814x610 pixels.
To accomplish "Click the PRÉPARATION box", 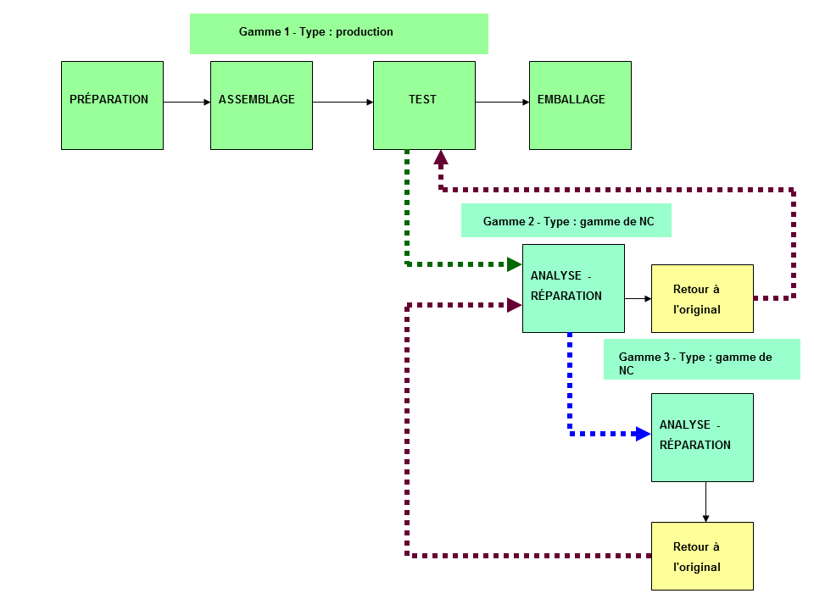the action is [x=112, y=105].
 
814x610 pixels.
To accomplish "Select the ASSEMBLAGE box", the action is [x=262, y=105].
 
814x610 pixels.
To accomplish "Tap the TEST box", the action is [x=424, y=105].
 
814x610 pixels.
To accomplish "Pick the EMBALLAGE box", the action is [x=580, y=105].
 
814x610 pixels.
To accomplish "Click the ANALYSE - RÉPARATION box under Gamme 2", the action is [x=574, y=288].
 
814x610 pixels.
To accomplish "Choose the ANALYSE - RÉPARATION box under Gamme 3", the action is [x=702, y=438].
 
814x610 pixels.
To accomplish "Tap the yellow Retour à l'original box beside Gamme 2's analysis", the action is [x=702, y=299].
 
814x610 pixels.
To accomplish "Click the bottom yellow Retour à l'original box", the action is [x=702, y=556].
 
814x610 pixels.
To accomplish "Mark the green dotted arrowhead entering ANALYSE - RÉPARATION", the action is [x=515, y=264].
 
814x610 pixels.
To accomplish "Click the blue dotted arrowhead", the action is [x=644, y=434].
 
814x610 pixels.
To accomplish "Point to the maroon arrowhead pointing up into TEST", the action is [x=441, y=158].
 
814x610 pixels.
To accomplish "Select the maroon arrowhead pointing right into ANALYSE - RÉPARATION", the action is [x=515, y=305].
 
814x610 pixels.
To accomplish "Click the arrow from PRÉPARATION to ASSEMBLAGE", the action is [x=187, y=103].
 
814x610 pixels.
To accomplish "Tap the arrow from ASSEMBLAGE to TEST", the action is [x=343, y=103].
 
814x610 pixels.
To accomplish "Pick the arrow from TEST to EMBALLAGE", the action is [x=503, y=103].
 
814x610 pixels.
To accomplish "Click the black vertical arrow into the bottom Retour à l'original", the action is [x=706, y=502].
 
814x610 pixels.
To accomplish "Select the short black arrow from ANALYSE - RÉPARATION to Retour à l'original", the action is [x=638, y=299].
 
